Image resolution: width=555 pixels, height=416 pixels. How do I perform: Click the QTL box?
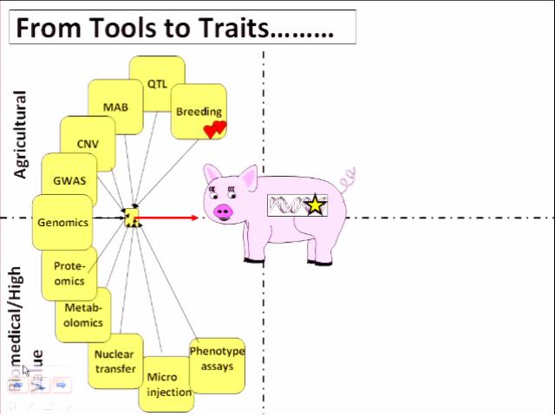157,84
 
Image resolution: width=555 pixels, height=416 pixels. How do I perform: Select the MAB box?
115,107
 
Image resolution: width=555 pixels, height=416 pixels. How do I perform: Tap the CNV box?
87,143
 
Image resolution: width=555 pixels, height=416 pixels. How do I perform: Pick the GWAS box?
69,180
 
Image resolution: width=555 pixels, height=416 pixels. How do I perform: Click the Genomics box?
62,222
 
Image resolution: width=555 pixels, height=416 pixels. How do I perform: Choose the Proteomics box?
69,273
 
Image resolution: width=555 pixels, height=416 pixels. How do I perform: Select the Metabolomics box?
83,315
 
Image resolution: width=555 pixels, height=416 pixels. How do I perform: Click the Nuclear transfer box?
114,361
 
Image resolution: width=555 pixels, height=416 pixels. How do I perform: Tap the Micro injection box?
167,384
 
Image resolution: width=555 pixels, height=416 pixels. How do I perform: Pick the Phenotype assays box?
216,359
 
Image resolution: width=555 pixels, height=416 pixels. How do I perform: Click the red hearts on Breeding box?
214,129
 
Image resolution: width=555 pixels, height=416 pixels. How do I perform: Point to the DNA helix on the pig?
286,206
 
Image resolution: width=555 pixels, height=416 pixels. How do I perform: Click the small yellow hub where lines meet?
132,218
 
